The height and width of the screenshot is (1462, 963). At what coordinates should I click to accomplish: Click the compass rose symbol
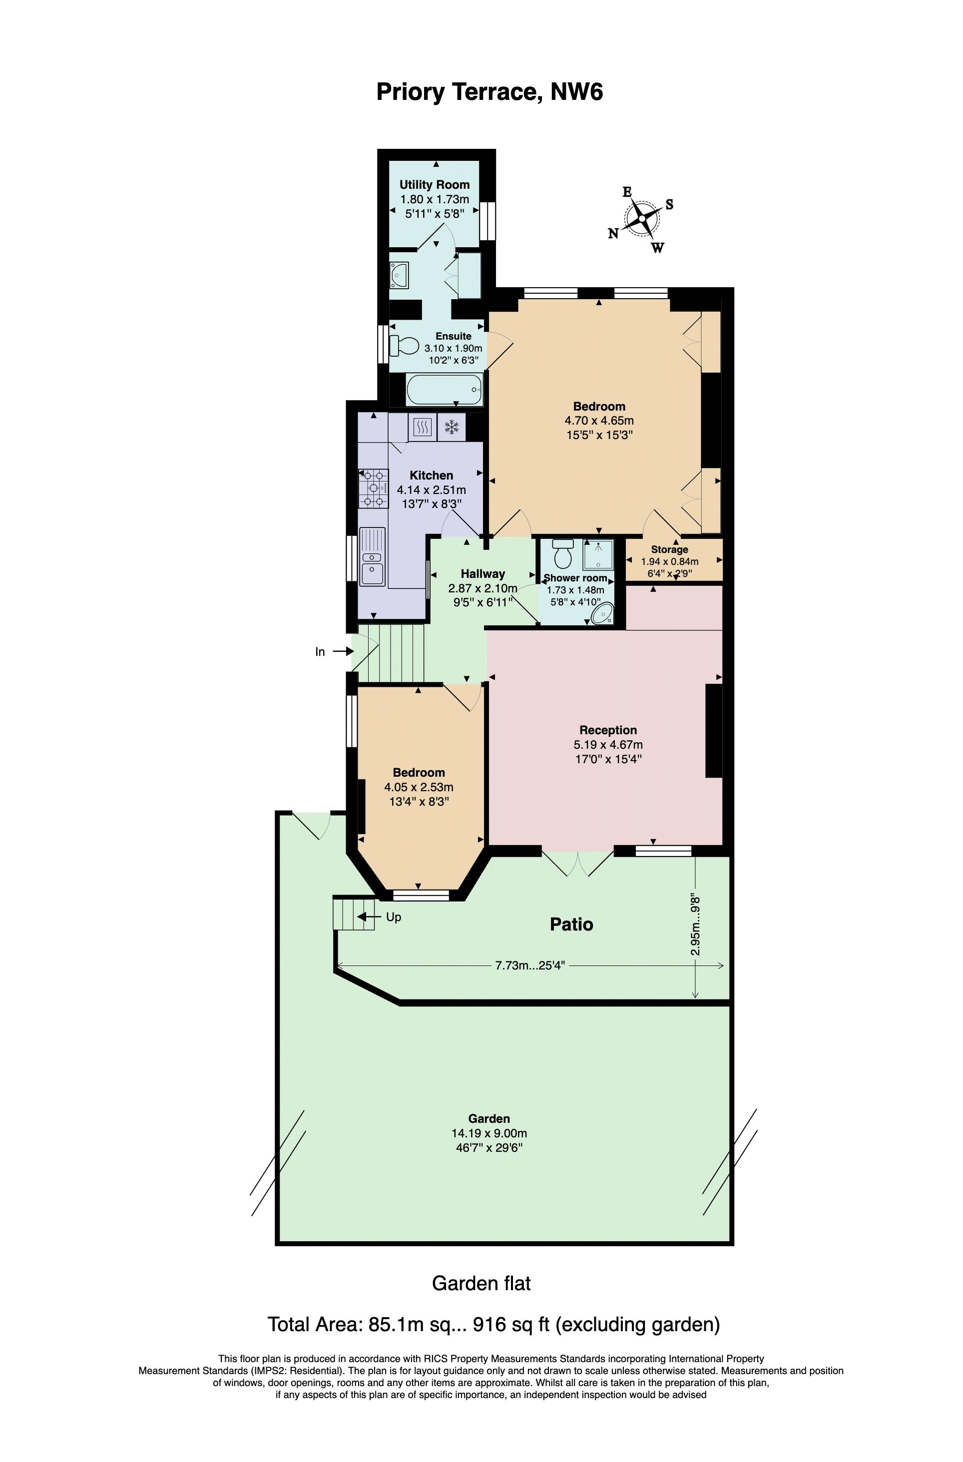click(642, 219)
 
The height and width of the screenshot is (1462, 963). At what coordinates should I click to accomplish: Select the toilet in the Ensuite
click(405, 345)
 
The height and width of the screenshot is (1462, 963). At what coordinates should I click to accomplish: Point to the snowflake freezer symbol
click(452, 427)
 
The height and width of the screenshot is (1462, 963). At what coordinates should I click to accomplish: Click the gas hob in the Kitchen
click(374, 488)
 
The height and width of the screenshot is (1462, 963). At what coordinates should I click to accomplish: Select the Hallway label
click(482, 574)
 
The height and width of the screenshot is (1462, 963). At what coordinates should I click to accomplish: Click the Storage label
click(669, 549)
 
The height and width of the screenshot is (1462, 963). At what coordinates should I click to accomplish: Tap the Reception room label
click(608, 730)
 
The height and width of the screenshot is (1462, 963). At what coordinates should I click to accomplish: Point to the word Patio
click(571, 924)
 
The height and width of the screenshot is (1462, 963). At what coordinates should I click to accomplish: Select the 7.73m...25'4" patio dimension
click(530, 965)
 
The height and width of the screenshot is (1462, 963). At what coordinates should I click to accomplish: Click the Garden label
click(489, 1119)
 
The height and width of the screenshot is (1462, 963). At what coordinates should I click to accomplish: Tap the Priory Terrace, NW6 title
click(489, 92)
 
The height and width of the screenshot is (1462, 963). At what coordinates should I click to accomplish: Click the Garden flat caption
click(481, 1284)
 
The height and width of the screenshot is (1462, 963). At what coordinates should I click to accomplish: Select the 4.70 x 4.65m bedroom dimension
click(599, 421)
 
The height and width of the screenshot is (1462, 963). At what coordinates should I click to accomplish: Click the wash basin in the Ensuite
click(399, 275)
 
